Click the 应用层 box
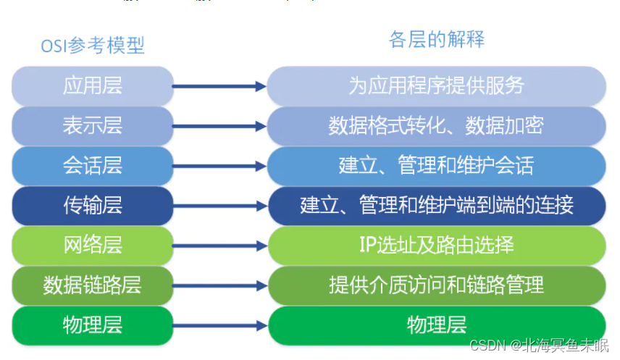click(93, 85)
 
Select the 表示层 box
click(93, 125)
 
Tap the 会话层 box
click(93, 165)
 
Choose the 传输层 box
click(93, 205)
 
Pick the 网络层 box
click(93, 245)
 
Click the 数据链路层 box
click(93, 285)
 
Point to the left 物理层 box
click(93, 325)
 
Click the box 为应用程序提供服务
click(436, 85)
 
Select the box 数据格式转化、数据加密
click(436, 125)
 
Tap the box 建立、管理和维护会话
click(436, 165)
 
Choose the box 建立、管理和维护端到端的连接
click(436, 205)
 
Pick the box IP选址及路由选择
click(436, 245)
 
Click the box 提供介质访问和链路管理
click(436, 285)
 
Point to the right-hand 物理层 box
click(436, 325)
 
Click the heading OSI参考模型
click(93, 46)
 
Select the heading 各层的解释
click(436, 39)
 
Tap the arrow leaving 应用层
click(220, 86)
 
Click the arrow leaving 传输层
click(220, 206)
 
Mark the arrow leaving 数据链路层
click(220, 285)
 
